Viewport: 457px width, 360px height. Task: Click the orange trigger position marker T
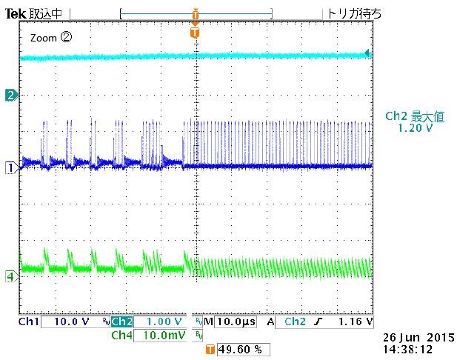pyautogui.click(x=194, y=33)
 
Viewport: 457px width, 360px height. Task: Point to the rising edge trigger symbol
pyautogui.click(x=318, y=322)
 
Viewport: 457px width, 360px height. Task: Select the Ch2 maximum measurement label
pyautogui.click(x=413, y=116)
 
